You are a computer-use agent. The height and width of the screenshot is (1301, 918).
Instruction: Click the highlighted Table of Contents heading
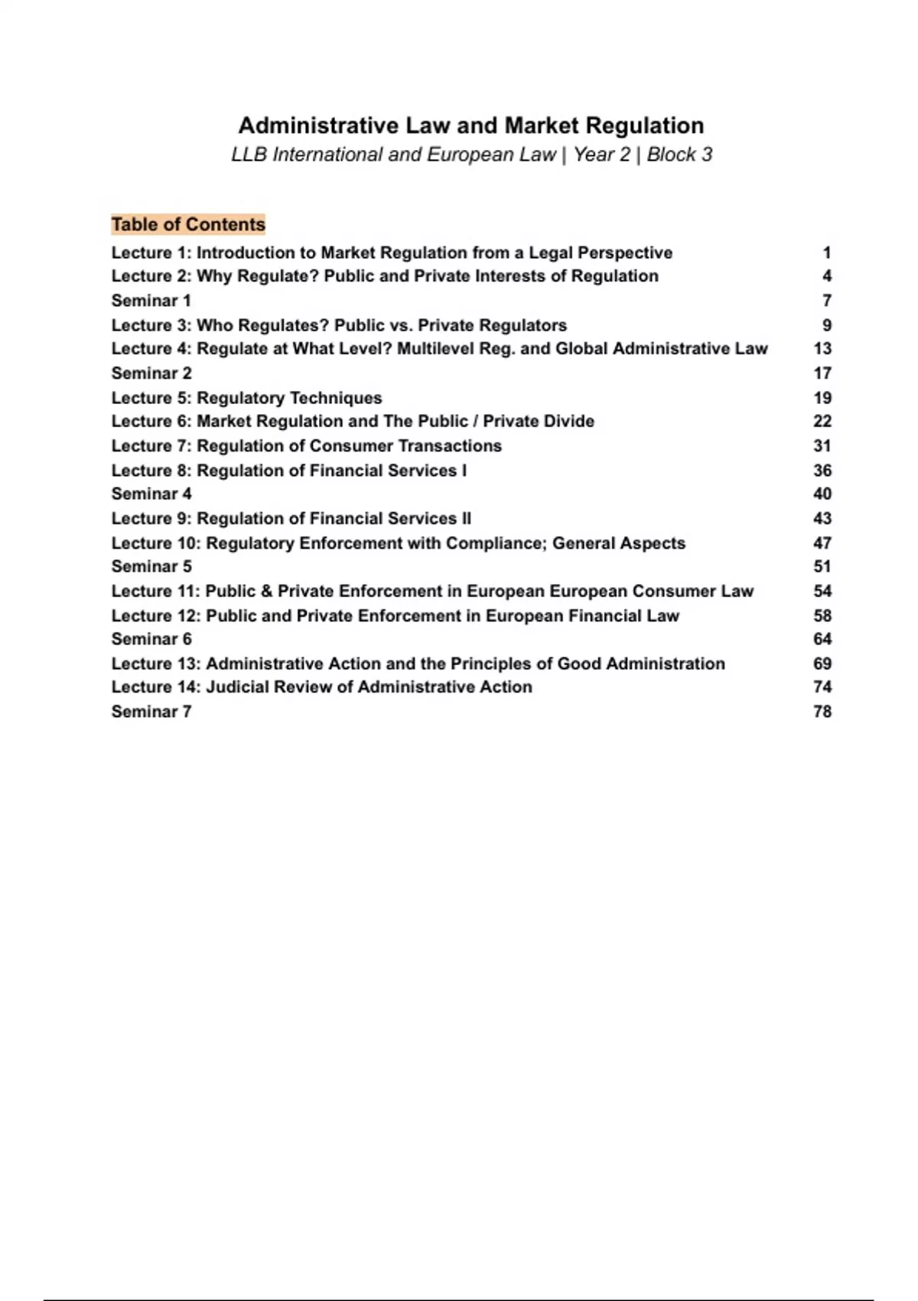[x=188, y=224]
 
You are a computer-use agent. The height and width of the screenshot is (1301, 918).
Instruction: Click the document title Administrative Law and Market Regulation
[x=471, y=126]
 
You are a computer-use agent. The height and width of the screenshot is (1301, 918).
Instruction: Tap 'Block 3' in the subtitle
[x=679, y=155]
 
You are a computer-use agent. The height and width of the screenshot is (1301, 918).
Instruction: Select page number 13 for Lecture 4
[x=822, y=349]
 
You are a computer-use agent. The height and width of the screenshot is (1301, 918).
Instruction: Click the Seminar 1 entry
[x=151, y=301]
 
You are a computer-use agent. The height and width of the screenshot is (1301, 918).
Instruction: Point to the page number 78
[x=822, y=712]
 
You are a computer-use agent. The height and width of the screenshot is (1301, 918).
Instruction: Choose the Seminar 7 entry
[x=151, y=712]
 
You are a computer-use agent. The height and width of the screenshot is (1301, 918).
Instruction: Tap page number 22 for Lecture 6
[x=822, y=422]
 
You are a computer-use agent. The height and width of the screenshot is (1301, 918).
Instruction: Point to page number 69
[x=822, y=664]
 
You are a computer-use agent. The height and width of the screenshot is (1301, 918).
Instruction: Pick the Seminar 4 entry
[x=151, y=494]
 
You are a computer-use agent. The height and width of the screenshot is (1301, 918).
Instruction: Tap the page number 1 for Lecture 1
[x=827, y=253]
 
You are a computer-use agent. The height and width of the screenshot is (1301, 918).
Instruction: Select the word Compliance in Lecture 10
[x=494, y=543]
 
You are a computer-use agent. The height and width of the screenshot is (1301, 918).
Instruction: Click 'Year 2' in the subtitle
[x=602, y=155]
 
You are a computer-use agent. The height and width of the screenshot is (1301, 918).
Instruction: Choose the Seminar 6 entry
[x=151, y=639]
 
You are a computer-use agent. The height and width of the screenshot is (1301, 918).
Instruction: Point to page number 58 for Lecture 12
[x=822, y=616]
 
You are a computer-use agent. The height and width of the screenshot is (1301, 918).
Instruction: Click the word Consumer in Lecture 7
[x=350, y=446]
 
